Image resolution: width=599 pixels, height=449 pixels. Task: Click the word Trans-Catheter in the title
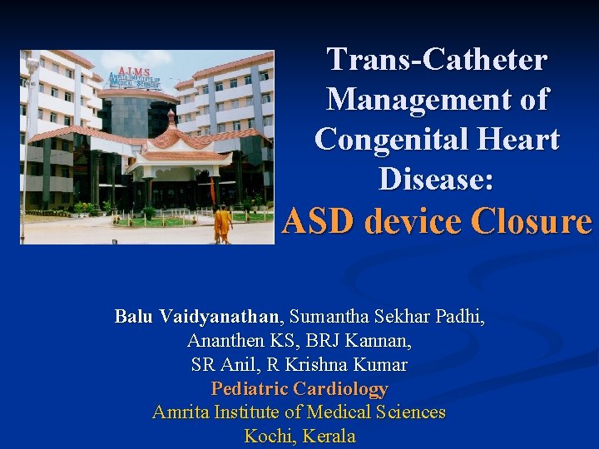(x=437, y=60)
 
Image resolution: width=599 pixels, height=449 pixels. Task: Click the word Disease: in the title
(x=437, y=178)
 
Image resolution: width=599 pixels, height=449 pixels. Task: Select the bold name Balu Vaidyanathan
(x=199, y=317)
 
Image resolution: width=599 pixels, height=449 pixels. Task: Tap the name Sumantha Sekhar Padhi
(x=388, y=317)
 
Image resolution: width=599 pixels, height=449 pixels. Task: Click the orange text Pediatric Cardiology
(x=299, y=388)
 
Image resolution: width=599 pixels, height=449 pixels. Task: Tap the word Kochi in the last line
(x=270, y=437)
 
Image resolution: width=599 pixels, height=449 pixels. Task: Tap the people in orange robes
(x=222, y=222)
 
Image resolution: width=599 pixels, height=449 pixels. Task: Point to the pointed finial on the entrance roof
(x=172, y=116)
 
